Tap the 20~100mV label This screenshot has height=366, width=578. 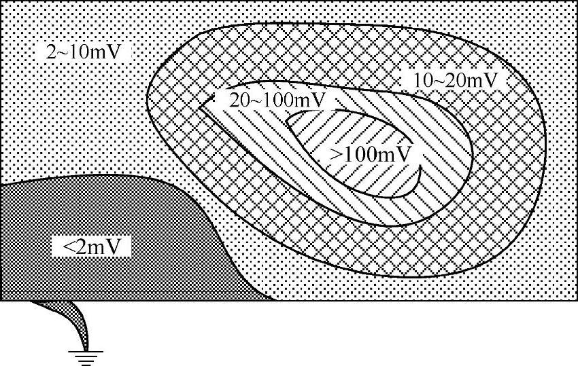[275, 100]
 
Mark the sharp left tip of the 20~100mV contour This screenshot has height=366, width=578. [201, 105]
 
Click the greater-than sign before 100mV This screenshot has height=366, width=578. [337, 154]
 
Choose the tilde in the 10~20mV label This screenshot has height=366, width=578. [442, 80]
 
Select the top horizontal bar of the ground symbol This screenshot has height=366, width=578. [84, 351]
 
